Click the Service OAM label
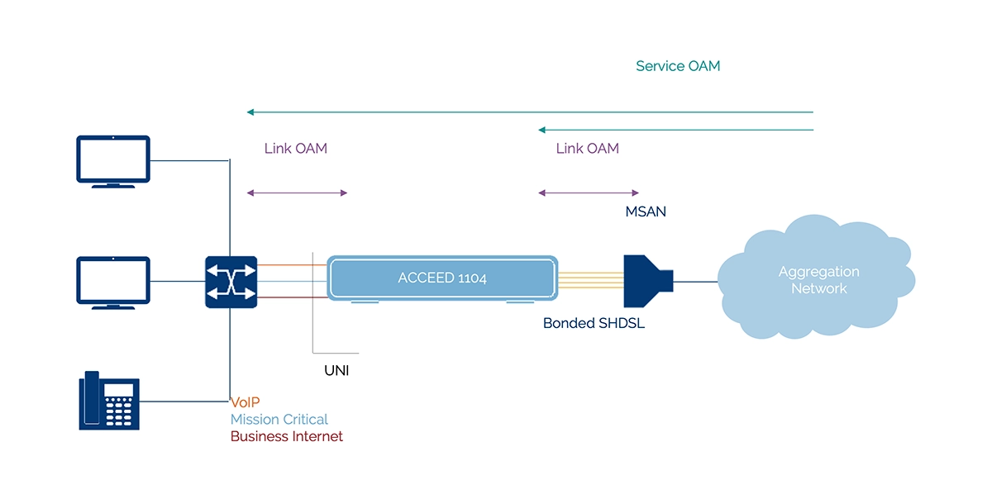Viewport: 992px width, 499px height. pos(678,66)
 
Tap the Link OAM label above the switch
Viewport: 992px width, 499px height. pos(296,149)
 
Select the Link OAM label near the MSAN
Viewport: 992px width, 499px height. pos(588,149)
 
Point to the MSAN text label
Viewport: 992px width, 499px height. pos(646,211)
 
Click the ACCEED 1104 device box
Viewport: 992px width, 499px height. pos(442,278)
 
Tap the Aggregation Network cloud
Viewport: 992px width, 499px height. pos(816,277)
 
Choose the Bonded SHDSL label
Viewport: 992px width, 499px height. pos(594,323)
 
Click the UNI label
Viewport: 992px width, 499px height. pos(336,371)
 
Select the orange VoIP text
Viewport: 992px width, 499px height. pos(246,402)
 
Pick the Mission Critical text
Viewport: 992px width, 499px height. pos(279,420)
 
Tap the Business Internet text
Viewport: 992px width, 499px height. pos(287,436)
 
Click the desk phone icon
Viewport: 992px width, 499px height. pos(109,401)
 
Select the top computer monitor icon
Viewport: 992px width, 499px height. pos(113,162)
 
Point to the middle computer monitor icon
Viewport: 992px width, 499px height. pos(113,283)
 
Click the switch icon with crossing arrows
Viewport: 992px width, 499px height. pos(231,282)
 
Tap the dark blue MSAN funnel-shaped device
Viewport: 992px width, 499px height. pos(648,281)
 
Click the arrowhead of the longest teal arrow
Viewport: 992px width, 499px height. pos(250,112)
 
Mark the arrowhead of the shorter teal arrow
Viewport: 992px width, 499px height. pos(541,130)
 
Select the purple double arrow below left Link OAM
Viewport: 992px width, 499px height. pos(297,192)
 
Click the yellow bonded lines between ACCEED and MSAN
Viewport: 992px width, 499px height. pos(591,280)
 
